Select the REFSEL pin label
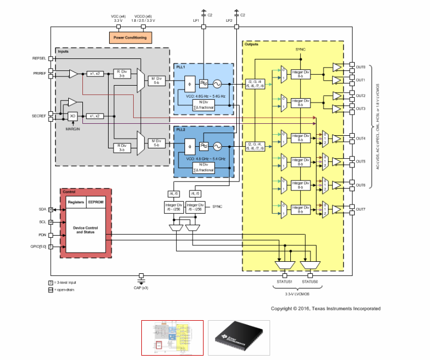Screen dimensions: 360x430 (x=40, y=58)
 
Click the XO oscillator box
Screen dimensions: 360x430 (x=71, y=116)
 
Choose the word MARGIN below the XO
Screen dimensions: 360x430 (x=74, y=128)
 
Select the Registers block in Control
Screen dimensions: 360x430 (x=76, y=202)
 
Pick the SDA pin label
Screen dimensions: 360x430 (x=42, y=209)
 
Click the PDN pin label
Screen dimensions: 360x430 (x=42, y=235)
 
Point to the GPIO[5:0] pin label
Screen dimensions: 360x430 (x=38, y=247)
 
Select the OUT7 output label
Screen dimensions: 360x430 (x=361, y=209)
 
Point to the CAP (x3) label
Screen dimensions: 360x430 (x=141, y=287)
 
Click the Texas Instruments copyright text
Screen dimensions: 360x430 (x=326, y=309)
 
